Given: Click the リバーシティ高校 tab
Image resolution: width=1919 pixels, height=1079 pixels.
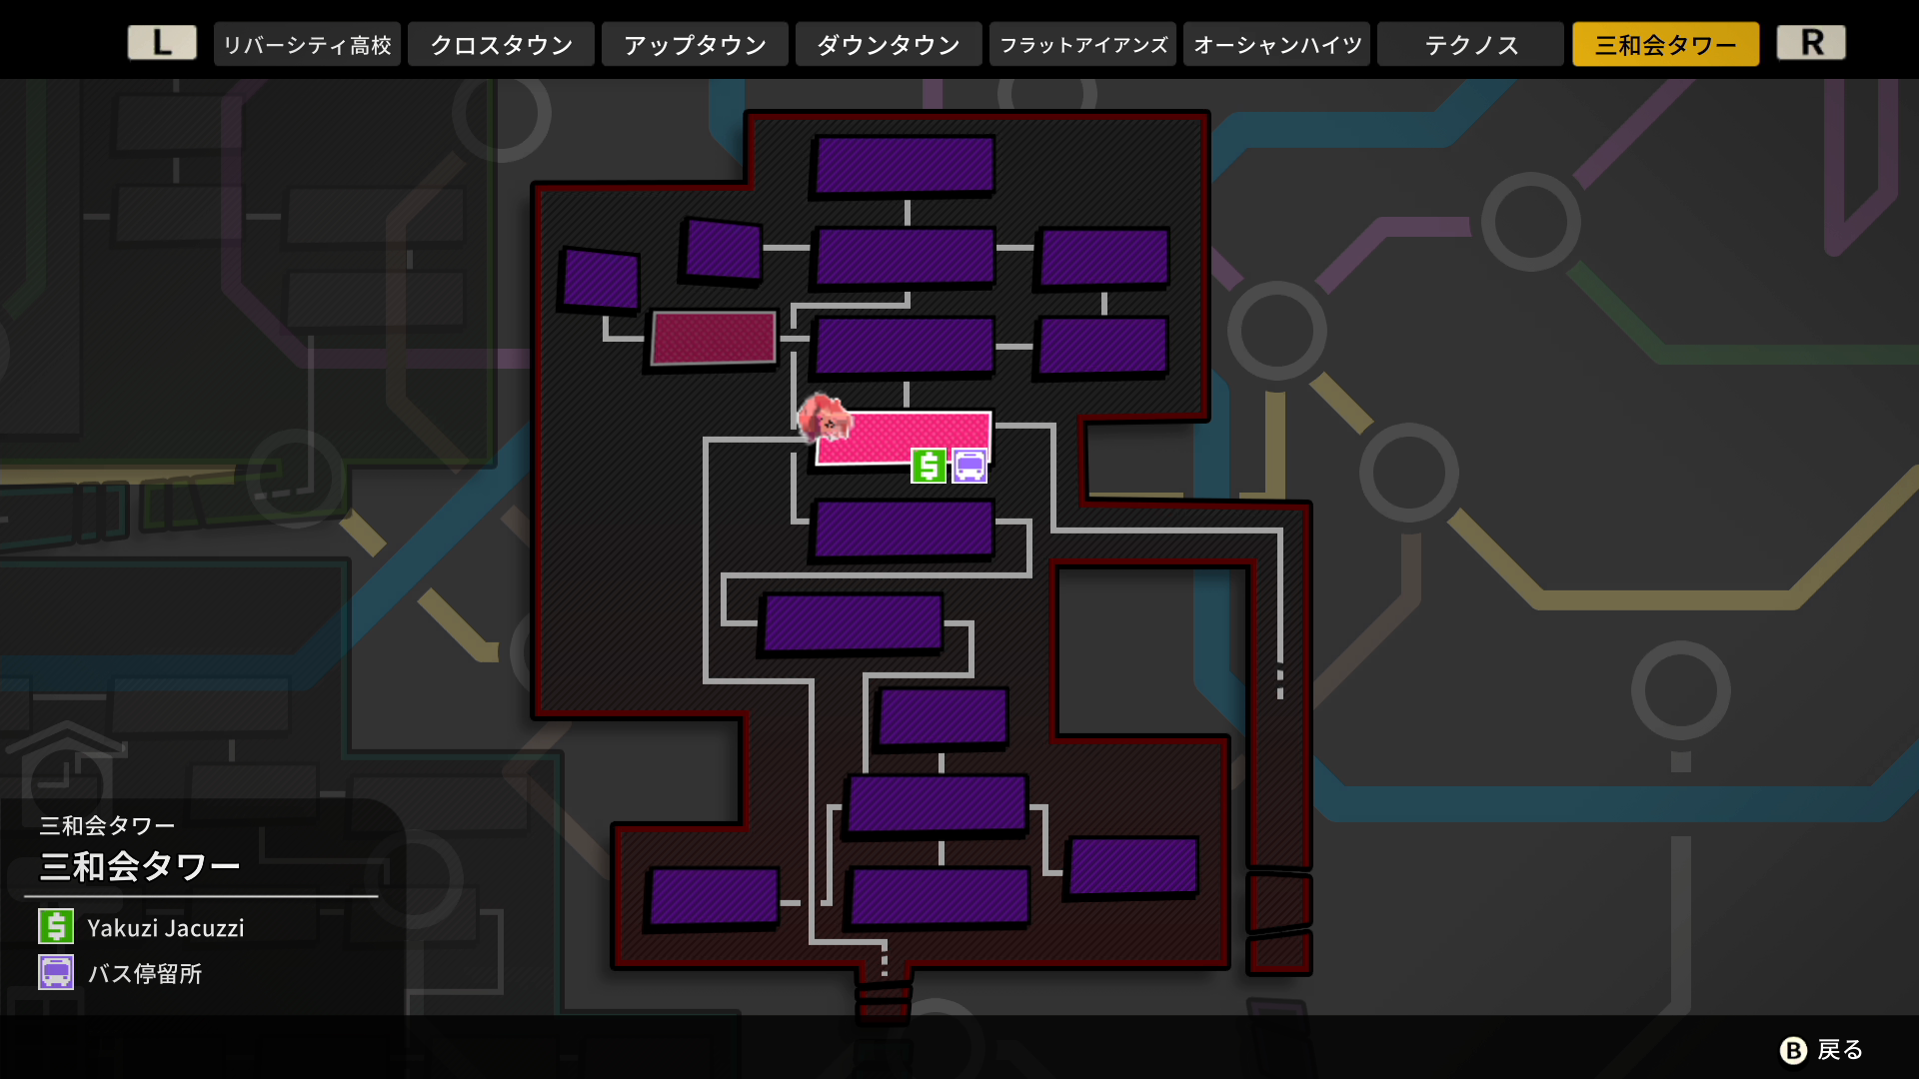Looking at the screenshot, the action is point(307,45).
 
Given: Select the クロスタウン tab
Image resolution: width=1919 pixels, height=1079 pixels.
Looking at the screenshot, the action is point(501,45).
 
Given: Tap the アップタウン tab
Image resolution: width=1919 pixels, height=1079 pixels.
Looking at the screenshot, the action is point(695,45).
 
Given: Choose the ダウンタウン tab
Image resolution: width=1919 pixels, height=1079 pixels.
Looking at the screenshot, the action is point(889,45).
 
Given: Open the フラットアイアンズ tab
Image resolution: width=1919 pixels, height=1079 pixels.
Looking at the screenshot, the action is point(1082,45).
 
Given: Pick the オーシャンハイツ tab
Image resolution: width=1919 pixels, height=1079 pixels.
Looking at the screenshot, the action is point(1276,45).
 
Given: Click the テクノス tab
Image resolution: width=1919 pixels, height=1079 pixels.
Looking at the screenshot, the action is point(1470,45).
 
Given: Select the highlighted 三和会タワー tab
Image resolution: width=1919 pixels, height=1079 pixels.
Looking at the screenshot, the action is point(1665,45).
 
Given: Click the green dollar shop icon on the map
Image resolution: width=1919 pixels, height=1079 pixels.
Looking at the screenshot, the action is point(929,466).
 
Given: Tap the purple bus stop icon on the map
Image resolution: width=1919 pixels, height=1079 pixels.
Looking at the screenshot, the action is point(969,466).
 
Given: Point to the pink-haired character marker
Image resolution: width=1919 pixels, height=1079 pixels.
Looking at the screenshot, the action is point(824,418).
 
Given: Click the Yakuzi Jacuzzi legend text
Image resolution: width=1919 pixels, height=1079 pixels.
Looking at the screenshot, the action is point(166,928).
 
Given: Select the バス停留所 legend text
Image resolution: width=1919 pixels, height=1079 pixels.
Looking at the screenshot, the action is point(145,974).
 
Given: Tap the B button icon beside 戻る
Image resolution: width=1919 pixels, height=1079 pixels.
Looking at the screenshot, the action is point(1794,1050).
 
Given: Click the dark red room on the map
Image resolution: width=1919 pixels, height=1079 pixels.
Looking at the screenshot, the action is point(713,338).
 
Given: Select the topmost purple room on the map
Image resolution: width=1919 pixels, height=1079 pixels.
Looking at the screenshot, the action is point(905,165).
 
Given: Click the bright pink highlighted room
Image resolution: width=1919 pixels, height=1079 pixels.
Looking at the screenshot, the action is point(903,438).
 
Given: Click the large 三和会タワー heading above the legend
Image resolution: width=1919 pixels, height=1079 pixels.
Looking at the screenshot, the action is point(140,866).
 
